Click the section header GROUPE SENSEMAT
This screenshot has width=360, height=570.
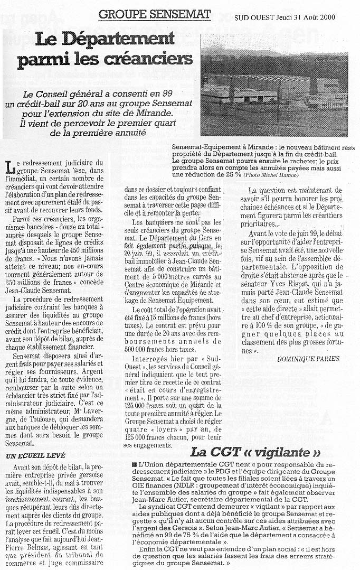tap(155, 14)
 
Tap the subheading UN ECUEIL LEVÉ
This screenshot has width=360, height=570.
tap(35, 455)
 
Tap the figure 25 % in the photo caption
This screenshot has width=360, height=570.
tap(231, 174)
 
